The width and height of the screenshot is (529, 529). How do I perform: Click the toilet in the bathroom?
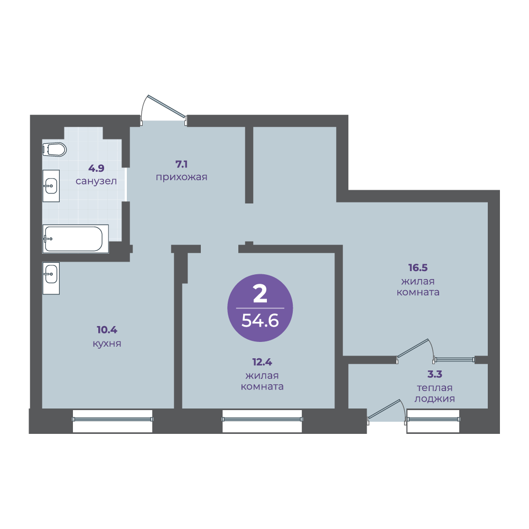pos(54,149)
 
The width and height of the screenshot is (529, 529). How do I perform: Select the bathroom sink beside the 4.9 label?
pos(51,185)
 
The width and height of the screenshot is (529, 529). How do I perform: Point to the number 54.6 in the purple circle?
pos(259,320)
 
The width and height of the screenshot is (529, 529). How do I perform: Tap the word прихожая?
pos(181,178)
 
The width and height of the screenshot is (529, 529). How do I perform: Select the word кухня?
pos(107,344)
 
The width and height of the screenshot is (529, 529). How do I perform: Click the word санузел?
pos(96,181)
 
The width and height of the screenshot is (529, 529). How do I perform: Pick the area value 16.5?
pos(417,268)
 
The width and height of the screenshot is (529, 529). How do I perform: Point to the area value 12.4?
pos(262,363)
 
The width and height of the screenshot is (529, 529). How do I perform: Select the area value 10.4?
pos(107,330)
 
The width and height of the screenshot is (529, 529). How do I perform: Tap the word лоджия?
pos(434,400)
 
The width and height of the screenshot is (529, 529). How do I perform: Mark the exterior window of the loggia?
pos(433,420)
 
